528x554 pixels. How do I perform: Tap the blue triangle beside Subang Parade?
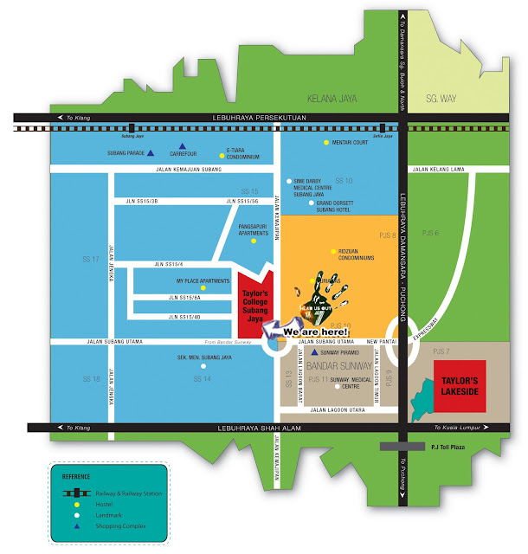pos(150,153)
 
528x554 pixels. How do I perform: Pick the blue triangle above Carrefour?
pos(181,146)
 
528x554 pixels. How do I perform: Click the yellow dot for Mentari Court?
pos(326,142)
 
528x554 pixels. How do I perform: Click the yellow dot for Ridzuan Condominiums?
pos(332,252)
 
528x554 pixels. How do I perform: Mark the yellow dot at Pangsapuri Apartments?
pos(254,241)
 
